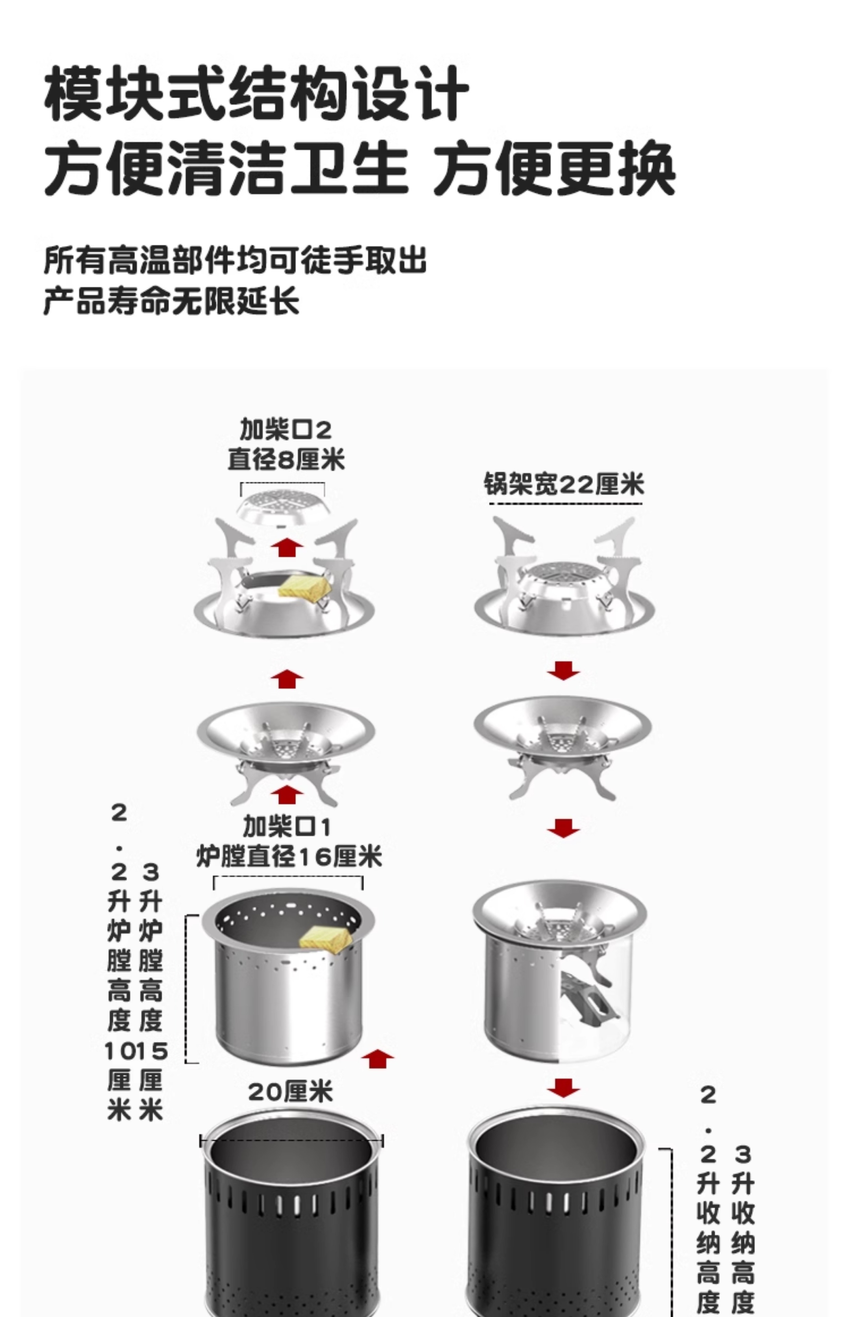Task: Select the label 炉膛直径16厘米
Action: (289, 857)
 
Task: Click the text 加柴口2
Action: (286, 430)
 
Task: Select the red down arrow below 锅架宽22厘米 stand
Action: (563, 671)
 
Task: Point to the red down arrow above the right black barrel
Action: (563, 1088)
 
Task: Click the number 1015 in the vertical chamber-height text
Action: (136, 1051)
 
